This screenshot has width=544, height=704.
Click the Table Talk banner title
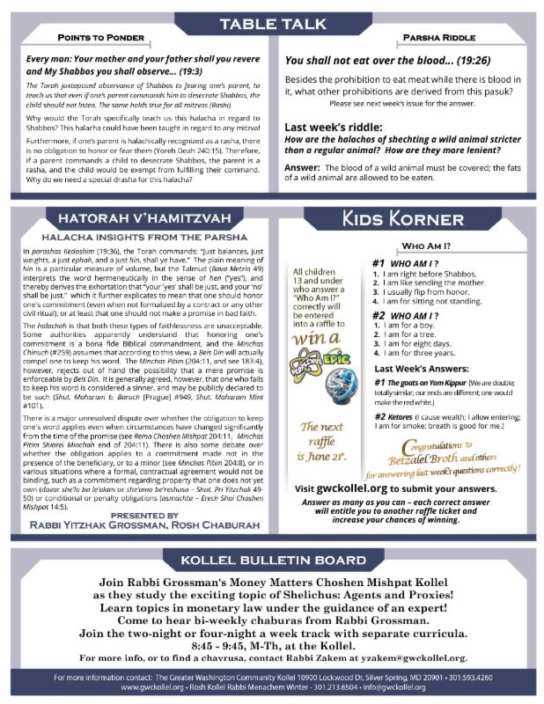(271, 22)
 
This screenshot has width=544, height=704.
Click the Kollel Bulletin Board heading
(271, 560)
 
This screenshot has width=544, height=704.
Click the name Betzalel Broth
(423, 458)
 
